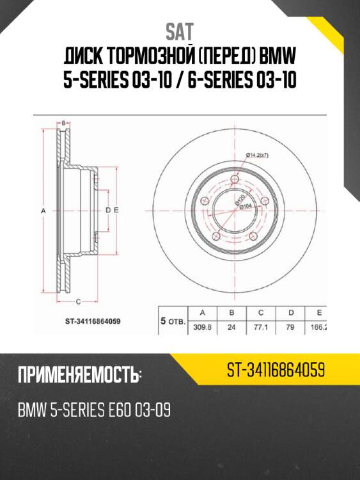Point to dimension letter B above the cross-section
[64, 122]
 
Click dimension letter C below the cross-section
[78, 300]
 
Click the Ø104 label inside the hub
[246, 206]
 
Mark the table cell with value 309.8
[203, 327]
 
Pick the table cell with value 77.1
[262, 327]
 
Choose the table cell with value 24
[232, 327]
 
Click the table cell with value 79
[291, 327]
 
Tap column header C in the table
[262, 313]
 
